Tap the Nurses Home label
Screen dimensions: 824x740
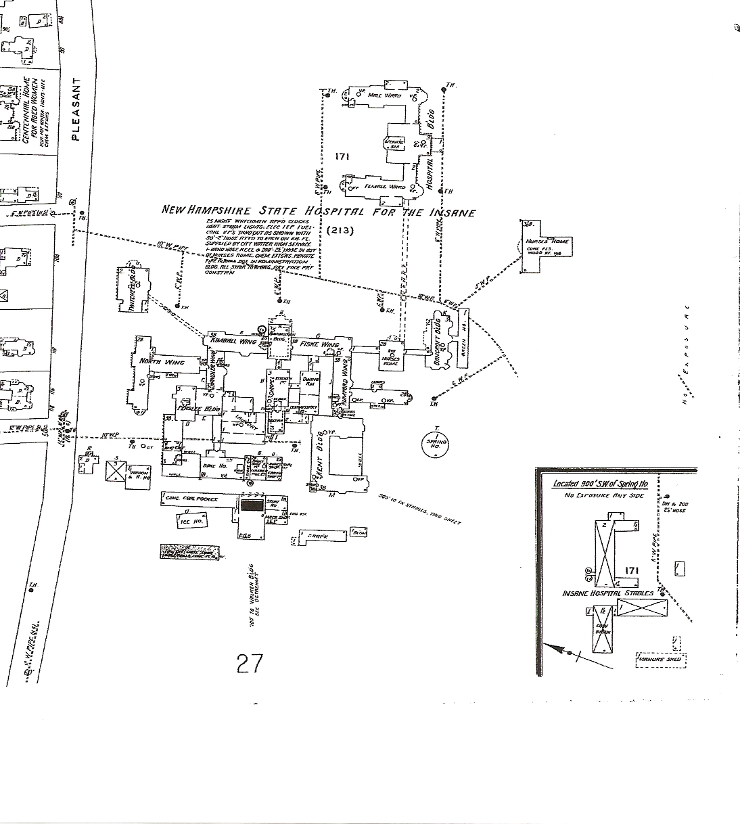tap(553, 242)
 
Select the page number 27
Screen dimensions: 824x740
tap(250, 664)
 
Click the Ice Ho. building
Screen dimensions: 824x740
tap(191, 521)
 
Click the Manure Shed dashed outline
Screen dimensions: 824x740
tap(661, 660)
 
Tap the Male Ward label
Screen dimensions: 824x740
tap(384, 96)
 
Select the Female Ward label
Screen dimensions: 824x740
tap(385, 186)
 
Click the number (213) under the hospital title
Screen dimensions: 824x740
tap(340, 230)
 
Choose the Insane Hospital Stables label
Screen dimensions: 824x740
tap(608, 593)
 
